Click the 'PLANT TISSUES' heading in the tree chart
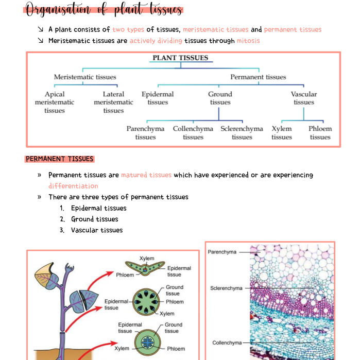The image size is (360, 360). click(x=180, y=58)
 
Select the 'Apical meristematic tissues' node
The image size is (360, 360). click(x=55, y=102)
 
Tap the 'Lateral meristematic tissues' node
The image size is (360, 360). click(x=113, y=102)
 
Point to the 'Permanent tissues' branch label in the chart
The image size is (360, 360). click(x=258, y=77)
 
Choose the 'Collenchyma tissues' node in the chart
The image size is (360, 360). click(x=193, y=133)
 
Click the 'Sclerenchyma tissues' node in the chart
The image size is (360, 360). click(x=242, y=133)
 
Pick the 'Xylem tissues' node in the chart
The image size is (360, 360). click(x=282, y=133)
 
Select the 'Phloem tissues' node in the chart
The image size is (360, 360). click(x=320, y=133)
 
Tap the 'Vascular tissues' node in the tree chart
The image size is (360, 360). click(x=304, y=98)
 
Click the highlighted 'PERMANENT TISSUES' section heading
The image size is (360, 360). click(x=59, y=159)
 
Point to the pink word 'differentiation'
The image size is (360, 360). click(x=73, y=186)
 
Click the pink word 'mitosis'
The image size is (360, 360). click(x=248, y=41)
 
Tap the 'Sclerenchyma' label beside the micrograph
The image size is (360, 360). click(x=226, y=288)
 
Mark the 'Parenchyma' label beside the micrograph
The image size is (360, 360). click(x=222, y=252)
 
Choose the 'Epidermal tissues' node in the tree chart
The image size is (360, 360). click(x=158, y=98)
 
